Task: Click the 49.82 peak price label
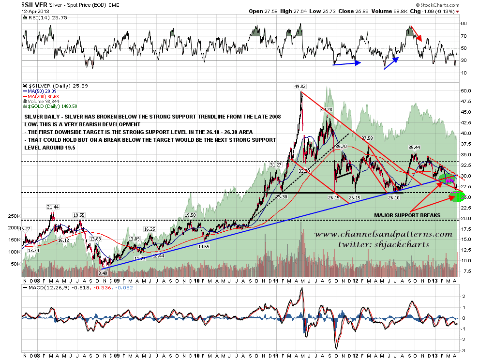300,87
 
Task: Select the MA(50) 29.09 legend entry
44,90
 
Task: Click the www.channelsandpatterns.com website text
383,235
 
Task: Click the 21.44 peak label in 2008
53,207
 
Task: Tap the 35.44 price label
414,148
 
